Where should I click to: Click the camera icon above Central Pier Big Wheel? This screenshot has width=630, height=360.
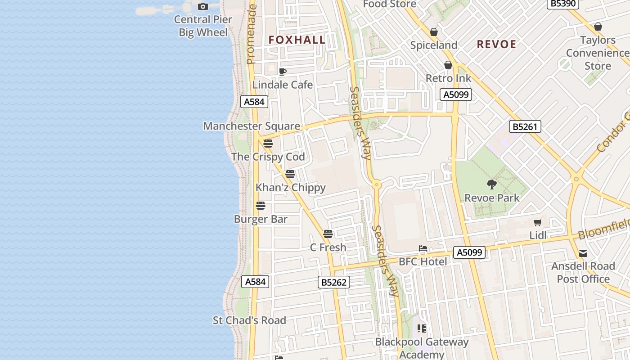(203, 6)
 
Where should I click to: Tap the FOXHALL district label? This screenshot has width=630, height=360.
(297, 40)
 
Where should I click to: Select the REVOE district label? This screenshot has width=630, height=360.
(496, 44)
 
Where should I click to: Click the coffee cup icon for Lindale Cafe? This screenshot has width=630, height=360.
(283, 72)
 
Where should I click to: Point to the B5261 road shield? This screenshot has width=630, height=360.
(525, 126)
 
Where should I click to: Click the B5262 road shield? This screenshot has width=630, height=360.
(334, 282)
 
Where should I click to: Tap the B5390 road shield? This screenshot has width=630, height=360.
(562, 4)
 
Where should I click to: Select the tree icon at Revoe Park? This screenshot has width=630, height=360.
(491, 184)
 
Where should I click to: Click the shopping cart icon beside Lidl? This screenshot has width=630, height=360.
(537, 222)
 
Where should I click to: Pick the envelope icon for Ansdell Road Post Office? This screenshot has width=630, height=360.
(583, 253)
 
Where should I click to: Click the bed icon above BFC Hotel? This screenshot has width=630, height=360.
(423, 248)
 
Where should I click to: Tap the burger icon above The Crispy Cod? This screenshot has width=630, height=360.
(268, 144)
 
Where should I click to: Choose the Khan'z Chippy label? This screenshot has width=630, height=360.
(290, 187)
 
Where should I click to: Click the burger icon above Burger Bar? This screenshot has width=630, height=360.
(261, 206)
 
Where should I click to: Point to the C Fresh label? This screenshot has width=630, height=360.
(328, 247)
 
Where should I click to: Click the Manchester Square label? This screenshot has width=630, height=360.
(252, 126)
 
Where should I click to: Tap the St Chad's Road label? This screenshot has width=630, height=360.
(249, 320)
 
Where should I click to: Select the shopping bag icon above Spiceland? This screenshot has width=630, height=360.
(434, 32)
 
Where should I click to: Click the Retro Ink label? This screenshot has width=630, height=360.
(448, 78)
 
